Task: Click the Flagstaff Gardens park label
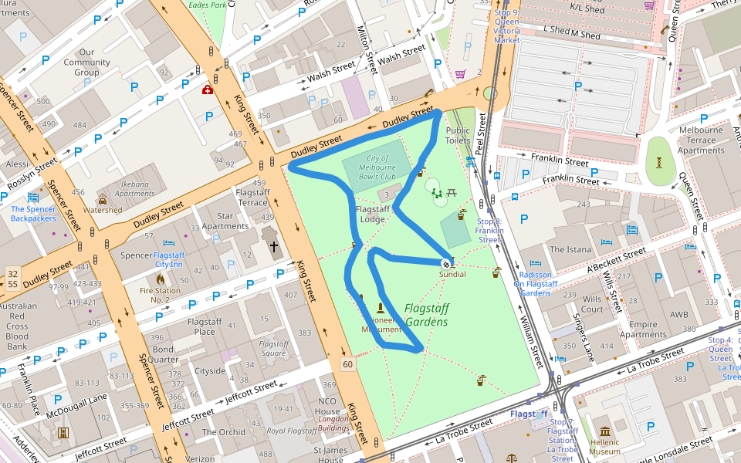point(426,315)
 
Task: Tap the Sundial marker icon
point(445,262)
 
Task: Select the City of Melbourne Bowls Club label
point(377,167)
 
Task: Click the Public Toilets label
point(458,135)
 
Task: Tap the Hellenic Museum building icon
point(604,431)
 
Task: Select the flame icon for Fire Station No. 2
point(161,279)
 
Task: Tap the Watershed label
point(103,210)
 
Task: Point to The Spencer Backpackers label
point(33,214)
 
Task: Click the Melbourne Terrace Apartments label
point(701,140)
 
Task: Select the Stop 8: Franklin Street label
point(489,231)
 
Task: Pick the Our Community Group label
point(86,63)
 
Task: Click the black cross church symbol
point(274,248)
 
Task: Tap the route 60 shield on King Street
point(348,363)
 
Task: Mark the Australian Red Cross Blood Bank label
point(17,326)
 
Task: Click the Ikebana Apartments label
point(135,189)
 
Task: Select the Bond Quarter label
point(162,354)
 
